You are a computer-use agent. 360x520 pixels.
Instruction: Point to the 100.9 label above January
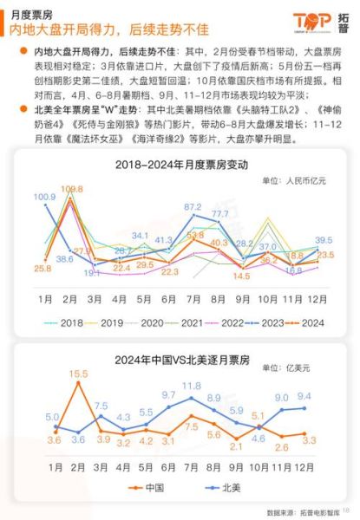(x=44, y=198)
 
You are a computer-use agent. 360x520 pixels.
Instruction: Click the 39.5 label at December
(x=324, y=240)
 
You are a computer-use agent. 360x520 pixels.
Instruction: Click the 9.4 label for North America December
(x=304, y=397)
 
